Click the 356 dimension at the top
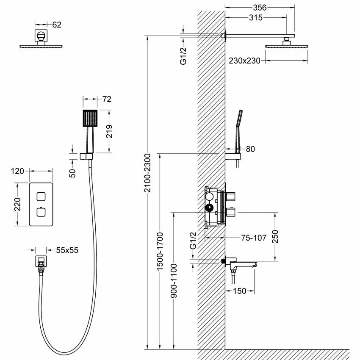259,7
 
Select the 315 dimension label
256,17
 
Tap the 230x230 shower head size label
244,61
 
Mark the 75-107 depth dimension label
254,238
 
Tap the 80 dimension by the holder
250,149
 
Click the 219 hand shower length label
110,131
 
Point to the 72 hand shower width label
107,99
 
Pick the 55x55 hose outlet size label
67,250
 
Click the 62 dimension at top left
57,25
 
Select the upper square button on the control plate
41,196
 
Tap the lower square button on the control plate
41,212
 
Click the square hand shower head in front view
90,119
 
